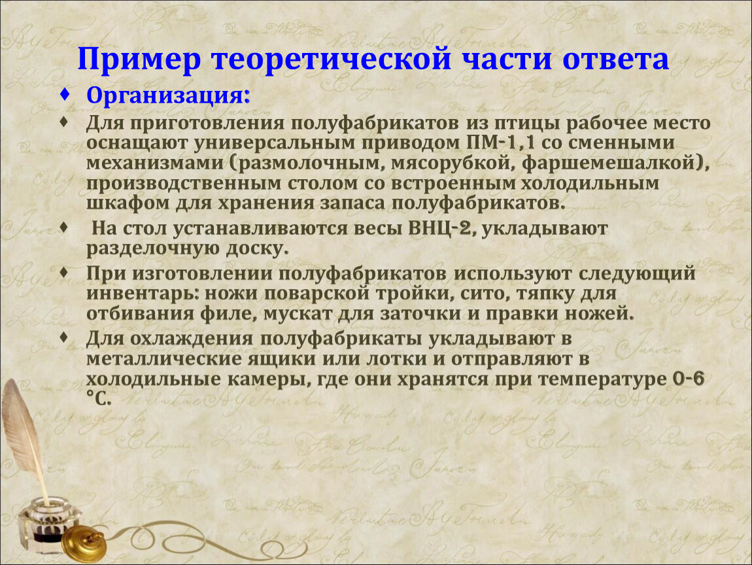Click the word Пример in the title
[x=139, y=60]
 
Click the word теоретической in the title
[x=332, y=60]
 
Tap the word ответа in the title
[x=615, y=59]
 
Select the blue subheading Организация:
[x=168, y=95]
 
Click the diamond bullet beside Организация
[x=65, y=94]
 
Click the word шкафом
[x=128, y=203]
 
